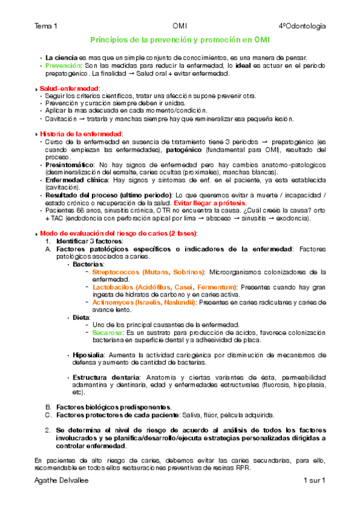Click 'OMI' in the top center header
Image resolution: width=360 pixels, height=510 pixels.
[x=179, y=26]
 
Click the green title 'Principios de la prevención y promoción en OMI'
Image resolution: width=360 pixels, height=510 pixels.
[x=180, y=40]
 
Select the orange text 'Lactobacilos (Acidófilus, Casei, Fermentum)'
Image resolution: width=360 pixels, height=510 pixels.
[x=165, y=287]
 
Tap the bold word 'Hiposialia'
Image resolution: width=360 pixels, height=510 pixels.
[x=89, y=355]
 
